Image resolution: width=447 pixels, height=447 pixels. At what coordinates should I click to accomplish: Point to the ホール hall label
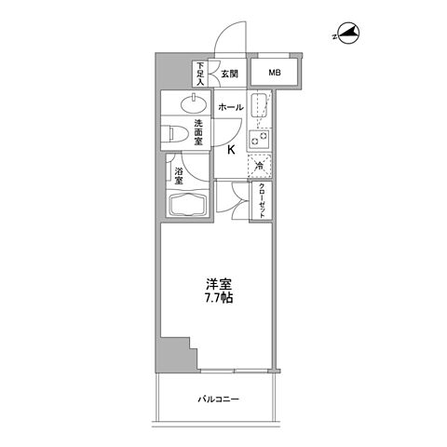pos(230,107)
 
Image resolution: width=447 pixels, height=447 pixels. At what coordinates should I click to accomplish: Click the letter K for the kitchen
pos(230,150)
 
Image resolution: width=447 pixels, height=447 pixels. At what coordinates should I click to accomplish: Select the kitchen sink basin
pos(260,108)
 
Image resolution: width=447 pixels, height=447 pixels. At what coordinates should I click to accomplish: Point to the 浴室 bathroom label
pos(179,175)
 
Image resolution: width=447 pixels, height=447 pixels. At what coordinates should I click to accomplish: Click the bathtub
pos(188,207)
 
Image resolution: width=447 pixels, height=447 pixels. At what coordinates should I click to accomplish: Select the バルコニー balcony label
pos(220,400)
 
